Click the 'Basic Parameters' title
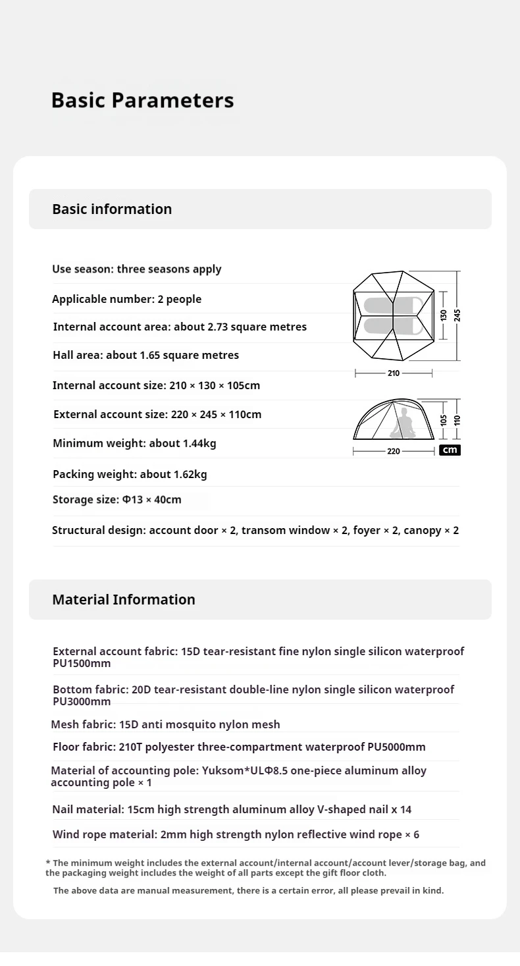coord(142,100)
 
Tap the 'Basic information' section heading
coord(112,209)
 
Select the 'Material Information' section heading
coord(124,599)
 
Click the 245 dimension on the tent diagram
coord(457,315)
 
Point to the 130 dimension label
coord(444,315)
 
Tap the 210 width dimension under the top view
coord(394,373)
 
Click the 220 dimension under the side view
coord(394,451)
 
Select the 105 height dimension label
coord(444,419)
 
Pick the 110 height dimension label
coord(457,419)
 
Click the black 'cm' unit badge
coord(450,450)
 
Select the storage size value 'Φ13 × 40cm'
coord(152,499)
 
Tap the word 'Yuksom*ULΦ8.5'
coord(241,770)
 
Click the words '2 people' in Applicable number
coord(180,299)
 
